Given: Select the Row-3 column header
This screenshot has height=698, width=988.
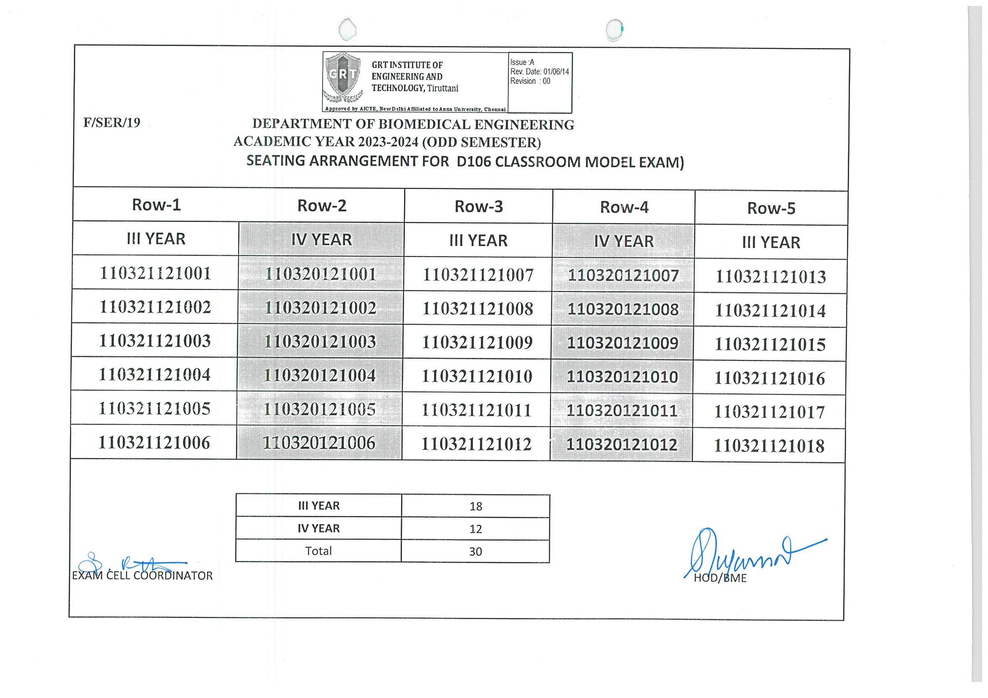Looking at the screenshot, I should [478, 207].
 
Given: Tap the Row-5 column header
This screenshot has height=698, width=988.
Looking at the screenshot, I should [771, 208].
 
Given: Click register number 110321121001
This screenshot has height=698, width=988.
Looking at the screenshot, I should [155, 273].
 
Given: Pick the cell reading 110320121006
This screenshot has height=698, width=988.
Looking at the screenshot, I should [319, 443].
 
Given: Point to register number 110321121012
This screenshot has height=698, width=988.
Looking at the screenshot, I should [476, 444].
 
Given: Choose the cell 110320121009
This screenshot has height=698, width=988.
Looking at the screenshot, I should [623, 343].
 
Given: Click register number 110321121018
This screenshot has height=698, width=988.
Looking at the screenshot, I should [769, 446].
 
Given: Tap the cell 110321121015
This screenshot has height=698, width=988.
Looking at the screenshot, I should [770, 344].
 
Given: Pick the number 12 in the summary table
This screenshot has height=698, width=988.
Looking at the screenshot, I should [475, 529].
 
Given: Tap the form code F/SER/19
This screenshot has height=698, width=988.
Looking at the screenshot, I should [112, 123].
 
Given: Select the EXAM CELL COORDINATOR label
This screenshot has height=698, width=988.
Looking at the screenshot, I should [142, 576].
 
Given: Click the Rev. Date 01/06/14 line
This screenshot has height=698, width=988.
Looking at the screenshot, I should [539, 72].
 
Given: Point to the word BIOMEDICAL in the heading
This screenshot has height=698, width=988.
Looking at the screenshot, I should [425, 124].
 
